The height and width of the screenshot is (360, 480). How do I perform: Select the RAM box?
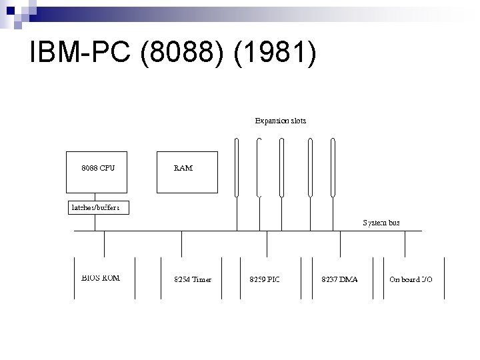click(x=186, y=171)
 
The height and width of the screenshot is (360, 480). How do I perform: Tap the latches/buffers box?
click(x=97, y=207)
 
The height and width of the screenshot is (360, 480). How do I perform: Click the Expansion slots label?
click(x=281, y=121)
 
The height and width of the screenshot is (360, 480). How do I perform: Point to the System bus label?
click(x=381, y=222)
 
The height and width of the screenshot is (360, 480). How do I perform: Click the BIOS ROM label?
click(x=100, y=277)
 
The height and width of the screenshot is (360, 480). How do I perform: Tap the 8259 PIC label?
click(x=265, y=279)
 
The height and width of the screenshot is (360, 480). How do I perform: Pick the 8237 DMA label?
click(x=339, y=279)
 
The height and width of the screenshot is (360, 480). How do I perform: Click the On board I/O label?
click(x=410, y=279)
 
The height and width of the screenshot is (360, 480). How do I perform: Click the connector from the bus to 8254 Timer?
click(x=182, y=243)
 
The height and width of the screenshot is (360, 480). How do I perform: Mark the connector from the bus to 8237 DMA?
click(x=340, y=243)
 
